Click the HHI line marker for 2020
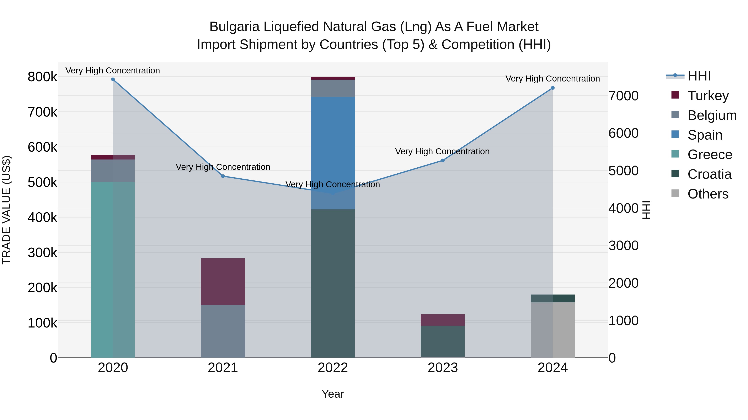113,79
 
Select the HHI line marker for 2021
223,176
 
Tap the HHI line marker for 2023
443,160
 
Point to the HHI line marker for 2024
552,88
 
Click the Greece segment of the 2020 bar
113,270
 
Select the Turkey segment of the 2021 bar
223,281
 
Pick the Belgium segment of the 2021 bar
223,331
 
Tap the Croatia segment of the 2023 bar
443,341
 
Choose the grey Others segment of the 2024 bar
552,330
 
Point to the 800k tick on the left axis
42,77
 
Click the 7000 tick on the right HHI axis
623,96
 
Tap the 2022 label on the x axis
333,368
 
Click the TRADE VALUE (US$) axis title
6,210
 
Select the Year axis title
333,394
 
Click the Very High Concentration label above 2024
552,79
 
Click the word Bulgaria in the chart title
234,27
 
